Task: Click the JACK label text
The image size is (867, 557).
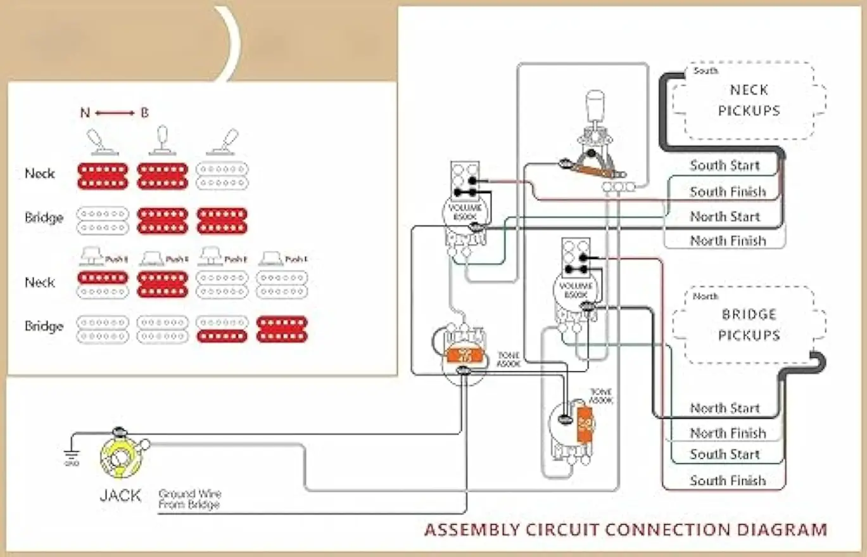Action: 120,495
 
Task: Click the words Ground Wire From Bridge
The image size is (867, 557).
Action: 189,499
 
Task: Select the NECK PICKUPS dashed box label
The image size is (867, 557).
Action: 749,100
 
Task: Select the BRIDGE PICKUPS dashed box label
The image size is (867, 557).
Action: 749,324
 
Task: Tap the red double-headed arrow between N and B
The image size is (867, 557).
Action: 115,113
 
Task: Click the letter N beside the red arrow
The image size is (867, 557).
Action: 85,113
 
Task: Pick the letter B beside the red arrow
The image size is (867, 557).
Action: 144,113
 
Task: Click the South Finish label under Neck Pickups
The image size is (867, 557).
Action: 728,191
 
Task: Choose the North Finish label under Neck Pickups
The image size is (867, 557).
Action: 728,241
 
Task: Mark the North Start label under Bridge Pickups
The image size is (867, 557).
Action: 725,408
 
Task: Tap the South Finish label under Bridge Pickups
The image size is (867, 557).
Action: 728,481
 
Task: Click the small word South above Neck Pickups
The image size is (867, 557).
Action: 706,71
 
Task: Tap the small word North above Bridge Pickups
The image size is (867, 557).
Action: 706,296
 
